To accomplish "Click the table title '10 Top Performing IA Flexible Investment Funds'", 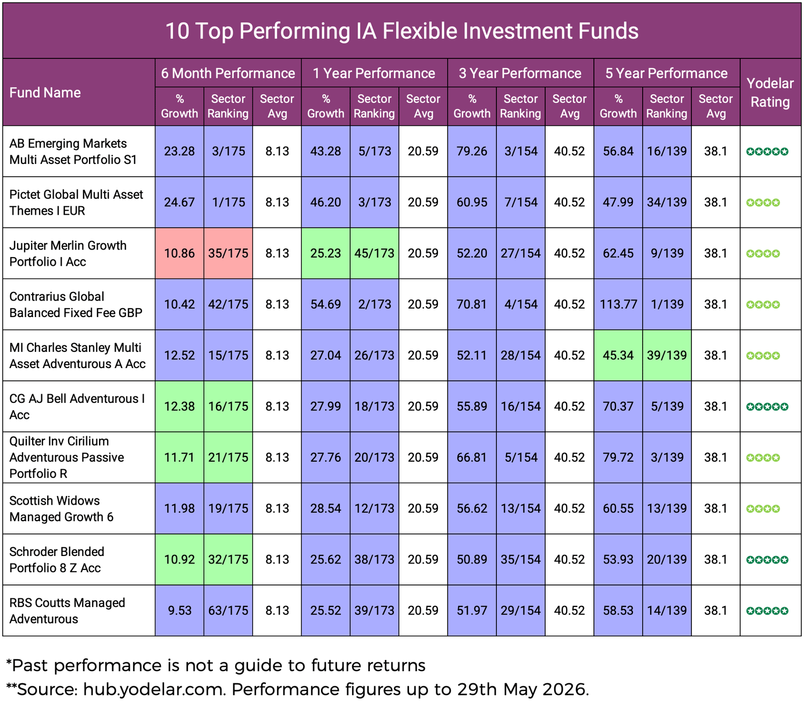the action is coord(401,31).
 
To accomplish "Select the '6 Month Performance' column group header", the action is coord(228,73).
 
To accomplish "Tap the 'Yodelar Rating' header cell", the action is coord(770,93).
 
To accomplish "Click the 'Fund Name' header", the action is coord(45,93).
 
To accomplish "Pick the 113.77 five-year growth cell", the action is coord(618,304).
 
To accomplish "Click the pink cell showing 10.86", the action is coord(180,253).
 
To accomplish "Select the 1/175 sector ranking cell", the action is coord(228,202).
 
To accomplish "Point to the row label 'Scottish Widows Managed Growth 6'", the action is coord(61,508).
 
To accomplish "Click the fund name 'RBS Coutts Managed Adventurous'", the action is coord(67,611).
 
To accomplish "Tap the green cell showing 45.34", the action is coord(618,355).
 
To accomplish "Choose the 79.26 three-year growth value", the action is coord(472,151).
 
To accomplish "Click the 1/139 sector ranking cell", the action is coord(667,304).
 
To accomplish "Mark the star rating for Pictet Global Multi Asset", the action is coord(763,202).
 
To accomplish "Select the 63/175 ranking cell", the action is coord(228,611).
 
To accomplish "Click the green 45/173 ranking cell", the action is coord(374,253).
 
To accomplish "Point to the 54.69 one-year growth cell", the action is coord(325,304).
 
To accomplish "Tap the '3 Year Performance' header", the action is coord(520,73).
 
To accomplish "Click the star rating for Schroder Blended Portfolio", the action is coord(767,560).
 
